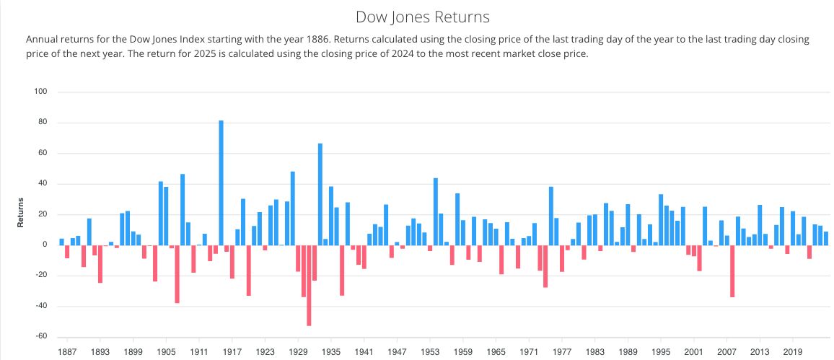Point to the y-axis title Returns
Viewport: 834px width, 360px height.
tap(22, 213)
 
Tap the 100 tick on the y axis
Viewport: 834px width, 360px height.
tap(40, 92)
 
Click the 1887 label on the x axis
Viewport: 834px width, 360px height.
tap(67, 353)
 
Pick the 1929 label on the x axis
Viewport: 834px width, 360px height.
tap(298, 353)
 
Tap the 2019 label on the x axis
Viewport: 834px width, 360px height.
tap(793, 353)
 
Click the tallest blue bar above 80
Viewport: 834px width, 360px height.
tap(221, 183)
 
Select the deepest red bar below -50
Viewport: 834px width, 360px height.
tap(309, 285)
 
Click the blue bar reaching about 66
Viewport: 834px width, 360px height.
tap(320, 194)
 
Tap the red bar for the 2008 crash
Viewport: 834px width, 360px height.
tap(732, 271)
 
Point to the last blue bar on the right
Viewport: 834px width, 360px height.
tap(826, 238)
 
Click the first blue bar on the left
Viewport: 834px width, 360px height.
tap(61, 242)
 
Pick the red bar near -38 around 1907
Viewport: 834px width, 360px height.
tap(177, 273)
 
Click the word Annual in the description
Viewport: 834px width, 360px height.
tap(42, 39)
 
